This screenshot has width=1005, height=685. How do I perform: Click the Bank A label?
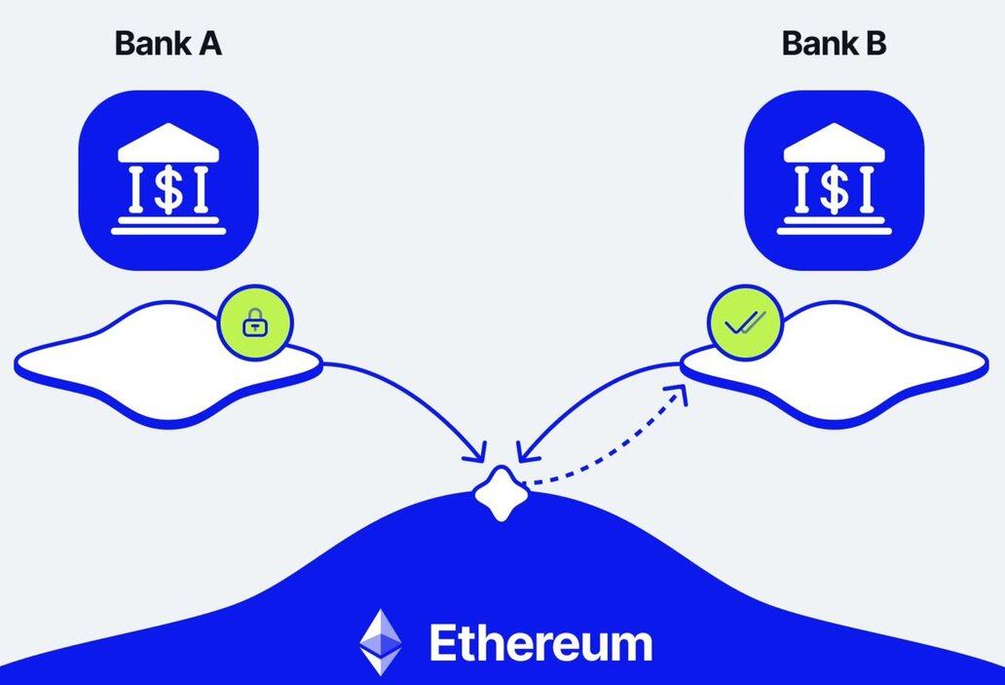click(167, 44)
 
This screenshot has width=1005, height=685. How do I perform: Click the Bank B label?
click(834, 44)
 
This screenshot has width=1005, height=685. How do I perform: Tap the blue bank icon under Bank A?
click(168, 179)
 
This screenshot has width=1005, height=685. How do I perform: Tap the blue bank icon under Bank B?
click(834, 179)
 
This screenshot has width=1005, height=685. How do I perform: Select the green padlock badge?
click(255, 323)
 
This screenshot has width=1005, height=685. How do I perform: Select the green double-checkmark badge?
click(742, 323)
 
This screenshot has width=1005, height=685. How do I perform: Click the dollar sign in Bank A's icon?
click(168, 189)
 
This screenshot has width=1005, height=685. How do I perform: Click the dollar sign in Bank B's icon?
click(834, 189)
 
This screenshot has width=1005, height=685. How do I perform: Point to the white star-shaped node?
click(501, 493)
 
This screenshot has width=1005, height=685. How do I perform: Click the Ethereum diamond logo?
click(380, 643)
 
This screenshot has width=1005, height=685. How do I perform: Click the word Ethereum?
click(540, 644)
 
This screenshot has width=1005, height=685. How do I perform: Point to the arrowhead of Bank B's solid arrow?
click(525, 453)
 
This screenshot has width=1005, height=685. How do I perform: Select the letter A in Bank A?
click(209, 44)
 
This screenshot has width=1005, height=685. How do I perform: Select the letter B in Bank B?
click(875, 44)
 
